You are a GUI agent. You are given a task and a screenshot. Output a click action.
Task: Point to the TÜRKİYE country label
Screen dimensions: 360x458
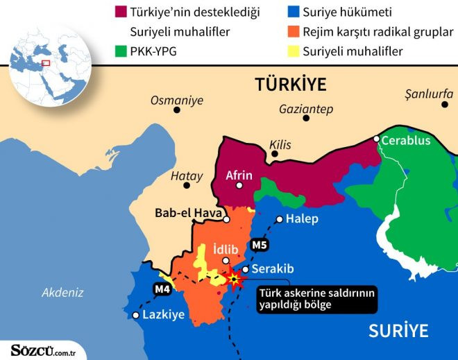point(290,85)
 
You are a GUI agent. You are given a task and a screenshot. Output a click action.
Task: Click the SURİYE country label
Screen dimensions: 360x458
point(398,330)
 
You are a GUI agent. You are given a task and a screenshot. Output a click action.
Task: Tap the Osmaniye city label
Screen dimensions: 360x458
point(177,101)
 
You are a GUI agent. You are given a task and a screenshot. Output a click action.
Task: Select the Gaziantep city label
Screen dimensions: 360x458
point(305,109)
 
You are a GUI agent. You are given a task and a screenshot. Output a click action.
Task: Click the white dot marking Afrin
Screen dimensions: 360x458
point(239,186)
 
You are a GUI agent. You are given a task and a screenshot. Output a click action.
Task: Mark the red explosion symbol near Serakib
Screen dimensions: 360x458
point(235,280)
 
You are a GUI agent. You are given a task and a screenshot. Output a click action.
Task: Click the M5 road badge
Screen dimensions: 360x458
point(259,244)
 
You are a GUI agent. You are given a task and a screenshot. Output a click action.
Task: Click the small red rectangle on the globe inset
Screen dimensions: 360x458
point(46,63)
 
